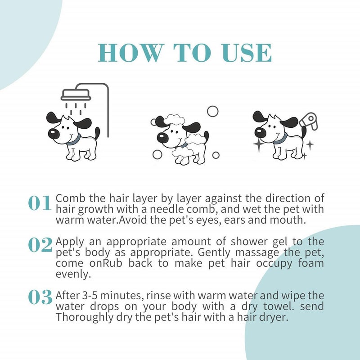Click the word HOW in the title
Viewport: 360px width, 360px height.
click(x=131, y=53)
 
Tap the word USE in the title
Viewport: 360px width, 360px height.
click(x=247, y=53)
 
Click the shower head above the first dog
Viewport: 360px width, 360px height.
click(x=76, y=94)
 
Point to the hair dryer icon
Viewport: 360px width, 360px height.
click(x=309, y=121)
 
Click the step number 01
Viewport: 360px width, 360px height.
click(x=40, y=203)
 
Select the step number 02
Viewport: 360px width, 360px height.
click(x=40, y=245)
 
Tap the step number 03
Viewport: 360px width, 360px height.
click(x=40, y=297)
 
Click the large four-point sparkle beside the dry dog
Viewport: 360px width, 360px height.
click(x=259, y=144)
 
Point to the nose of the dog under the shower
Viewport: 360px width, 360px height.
click(x=54, y=134)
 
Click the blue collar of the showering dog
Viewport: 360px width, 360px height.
click(x=74, y=140)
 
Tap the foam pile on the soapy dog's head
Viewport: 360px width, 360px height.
click(x=174, y=119)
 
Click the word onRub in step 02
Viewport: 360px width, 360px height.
click(x=106, y=263)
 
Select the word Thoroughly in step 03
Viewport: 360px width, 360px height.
click(x=85, y=318)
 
